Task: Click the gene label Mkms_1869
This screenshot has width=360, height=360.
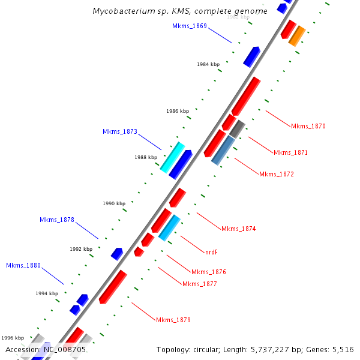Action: point(189,26)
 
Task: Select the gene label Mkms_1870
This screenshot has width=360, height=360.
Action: point(308,126)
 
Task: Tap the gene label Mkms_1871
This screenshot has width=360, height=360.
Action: point(290,152)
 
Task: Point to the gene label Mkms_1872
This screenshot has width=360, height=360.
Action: point(277,174)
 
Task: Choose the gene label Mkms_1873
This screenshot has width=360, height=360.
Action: point(120,131)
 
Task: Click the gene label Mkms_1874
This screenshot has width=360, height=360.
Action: point(239,229)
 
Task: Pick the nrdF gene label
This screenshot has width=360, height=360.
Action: point(211,252)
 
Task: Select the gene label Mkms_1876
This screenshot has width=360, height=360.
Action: point(208,272)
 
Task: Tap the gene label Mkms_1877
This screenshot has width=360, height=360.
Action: point(200,284)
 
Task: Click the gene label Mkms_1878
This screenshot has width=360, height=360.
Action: point(57,220)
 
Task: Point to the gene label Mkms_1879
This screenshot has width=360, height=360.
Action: point(173,320)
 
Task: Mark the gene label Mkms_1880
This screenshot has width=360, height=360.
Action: point(23,265)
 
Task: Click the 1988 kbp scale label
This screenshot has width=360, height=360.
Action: point(146,157)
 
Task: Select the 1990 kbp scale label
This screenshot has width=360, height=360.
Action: point(114,203)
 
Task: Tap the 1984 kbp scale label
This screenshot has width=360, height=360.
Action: point(208,64)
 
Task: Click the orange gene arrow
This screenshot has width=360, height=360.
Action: point(297,36)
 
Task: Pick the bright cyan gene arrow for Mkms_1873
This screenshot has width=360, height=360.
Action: point(172,157)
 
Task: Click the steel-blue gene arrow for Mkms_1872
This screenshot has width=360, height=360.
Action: point(224,150)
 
